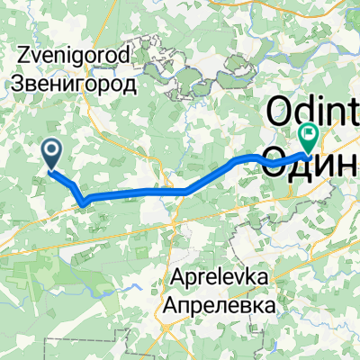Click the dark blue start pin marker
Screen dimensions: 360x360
(x=52, y=154)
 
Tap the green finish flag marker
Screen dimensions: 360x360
(x=309, y=136)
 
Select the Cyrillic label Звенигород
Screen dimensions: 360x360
(x=77, y=85)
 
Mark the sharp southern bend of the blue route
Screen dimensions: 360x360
(x=84, y=202)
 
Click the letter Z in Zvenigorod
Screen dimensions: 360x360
(x=22, y=56)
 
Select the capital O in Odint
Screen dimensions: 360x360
(x=278, y=113)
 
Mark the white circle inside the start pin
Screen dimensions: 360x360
(x=52, y=149)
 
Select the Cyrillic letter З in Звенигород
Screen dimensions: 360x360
(x=22, y=85)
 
